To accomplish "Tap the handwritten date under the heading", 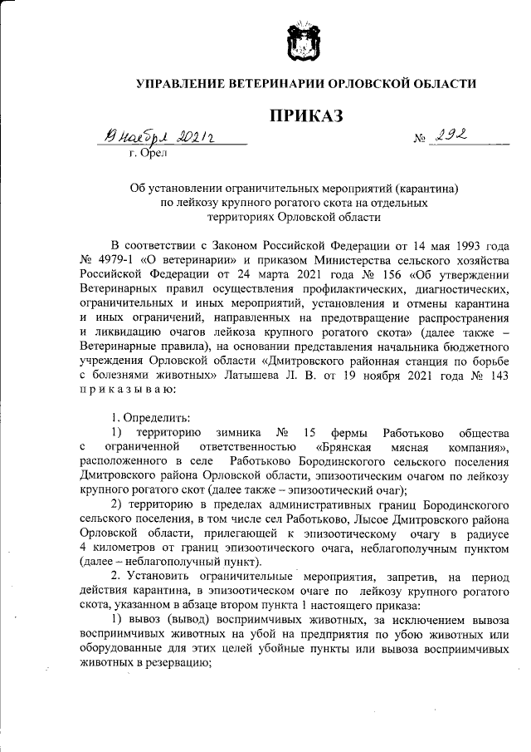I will [158, 136].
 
